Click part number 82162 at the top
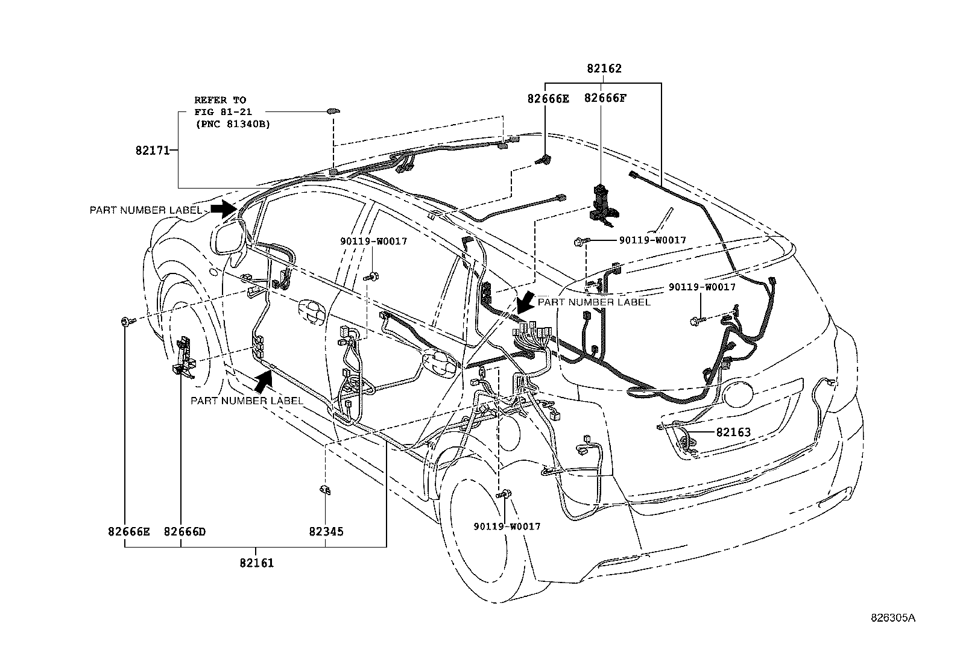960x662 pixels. [604, 69]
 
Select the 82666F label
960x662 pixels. [605, 98]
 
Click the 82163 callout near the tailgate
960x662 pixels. [733, 432]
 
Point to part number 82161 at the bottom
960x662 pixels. [256, 563]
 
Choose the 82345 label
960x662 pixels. [326, 532]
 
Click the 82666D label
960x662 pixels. [185, 532]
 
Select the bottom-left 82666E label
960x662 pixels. [129, 532]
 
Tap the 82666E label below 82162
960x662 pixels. [548, 98]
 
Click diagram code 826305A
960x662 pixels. [892, 619]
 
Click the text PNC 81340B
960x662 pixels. [232, 125]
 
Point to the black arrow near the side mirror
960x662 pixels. [224, 208]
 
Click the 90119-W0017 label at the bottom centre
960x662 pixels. [507, 526]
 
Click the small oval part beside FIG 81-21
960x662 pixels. [332, 111]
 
